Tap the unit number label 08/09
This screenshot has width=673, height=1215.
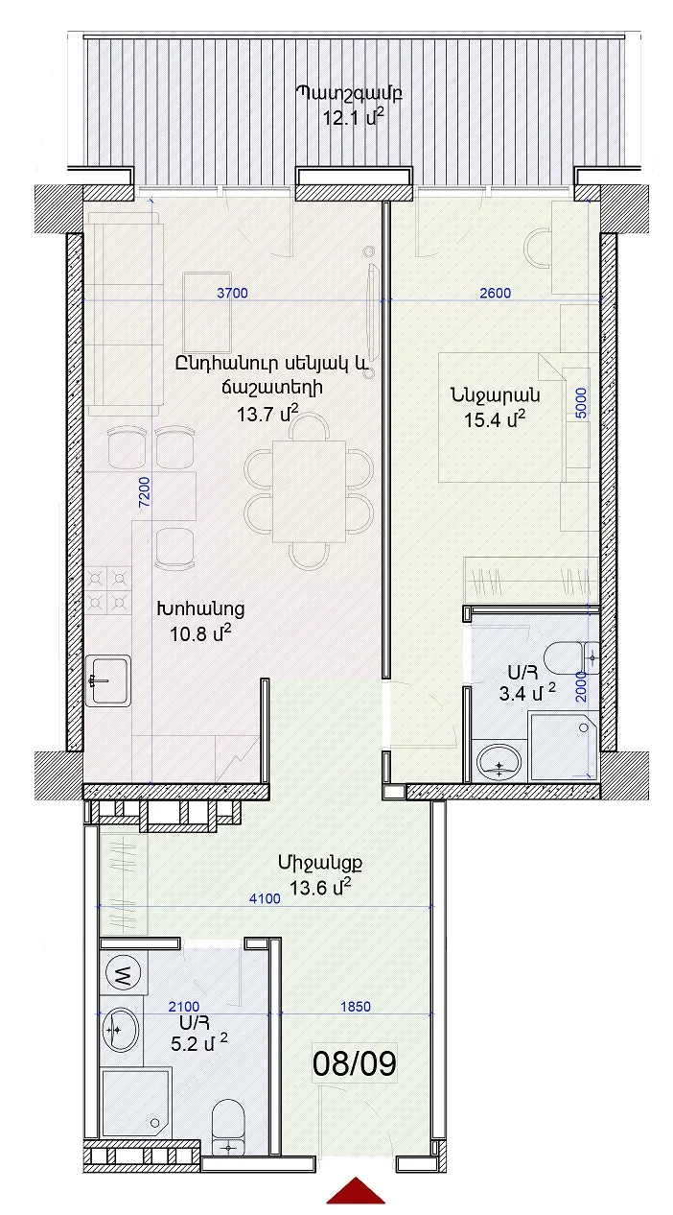pos(355,1063)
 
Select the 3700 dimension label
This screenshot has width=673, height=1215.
pos(232,293)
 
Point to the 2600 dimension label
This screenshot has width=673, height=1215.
pos(496,293)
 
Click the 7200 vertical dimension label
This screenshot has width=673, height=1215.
pos(144,492)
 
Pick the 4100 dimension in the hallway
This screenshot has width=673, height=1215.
pos(265,899)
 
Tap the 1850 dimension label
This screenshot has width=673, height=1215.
pos(356,1006)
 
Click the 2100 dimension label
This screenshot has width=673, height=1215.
pos(184,1007)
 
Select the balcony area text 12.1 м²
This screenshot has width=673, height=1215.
pos(354,117)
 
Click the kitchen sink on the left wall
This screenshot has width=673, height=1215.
pos(108,680)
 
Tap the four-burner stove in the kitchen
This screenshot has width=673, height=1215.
pos(108,590)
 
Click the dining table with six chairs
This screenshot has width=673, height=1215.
pos(309,491)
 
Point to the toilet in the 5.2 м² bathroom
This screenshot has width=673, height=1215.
pos(229,1126)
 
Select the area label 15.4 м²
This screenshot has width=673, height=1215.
pos(495,419)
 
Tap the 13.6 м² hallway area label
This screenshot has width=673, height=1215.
pos(319,888)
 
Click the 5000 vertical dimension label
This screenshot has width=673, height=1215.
pos(581,402)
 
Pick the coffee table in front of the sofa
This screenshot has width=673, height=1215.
pos(207,313)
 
